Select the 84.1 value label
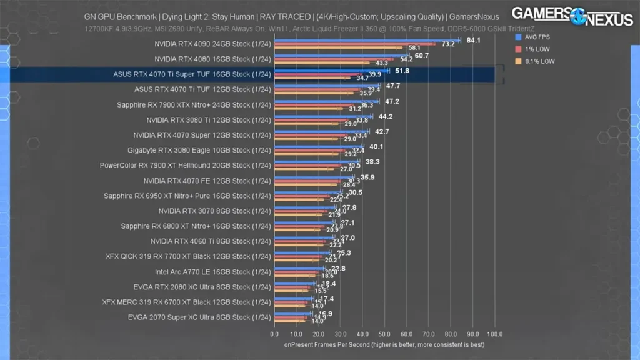pyautogui.click(x=473, y=41)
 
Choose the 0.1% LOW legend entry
pyautogui.click(x=536, y=61)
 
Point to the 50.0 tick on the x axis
pyautogui.click(x=385, y=334)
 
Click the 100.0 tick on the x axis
pyautogui.click(x=495, y=334)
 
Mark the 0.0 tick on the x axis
pyautogui.click(x=275, y=334)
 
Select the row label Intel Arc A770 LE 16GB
pyautogui.click(x=212, y=272)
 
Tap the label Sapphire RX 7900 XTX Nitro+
pyautogui.click(x=194, y=104)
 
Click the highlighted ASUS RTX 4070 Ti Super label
pyautogui.click(x=192, y=74)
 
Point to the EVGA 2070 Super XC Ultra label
pyautogui.click(x=199, y=317)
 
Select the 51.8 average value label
pyautogui.click(x=402, y=71)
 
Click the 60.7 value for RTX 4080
pyautogui.click(x=421, y=56)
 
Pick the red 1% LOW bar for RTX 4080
pyautogui.click(x=334, y=59)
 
